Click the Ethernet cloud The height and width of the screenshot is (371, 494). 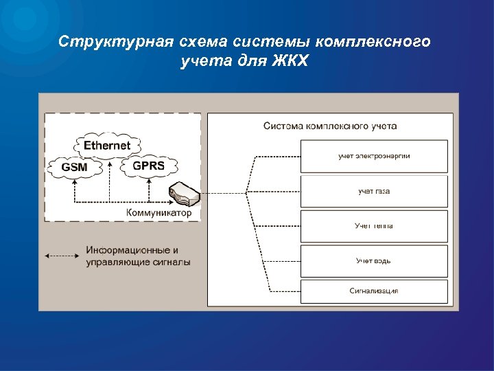(108, 146)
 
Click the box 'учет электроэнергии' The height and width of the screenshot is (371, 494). (374, 156)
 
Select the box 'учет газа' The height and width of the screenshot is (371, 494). (374, 191)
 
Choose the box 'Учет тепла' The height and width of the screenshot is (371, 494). (374, 226)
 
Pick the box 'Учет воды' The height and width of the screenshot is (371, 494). (374, 261)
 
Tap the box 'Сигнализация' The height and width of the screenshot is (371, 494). (374, 291)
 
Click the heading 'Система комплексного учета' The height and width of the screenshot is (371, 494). (329, 126)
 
